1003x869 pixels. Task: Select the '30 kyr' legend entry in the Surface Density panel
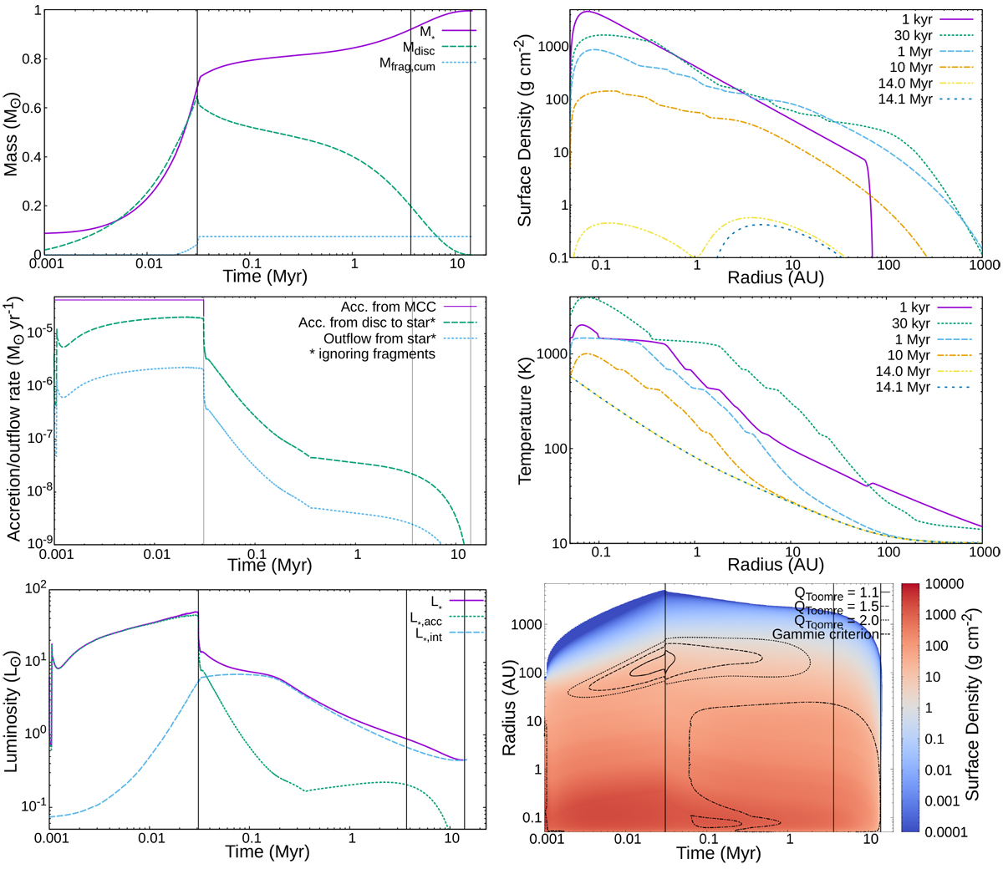(910, 35)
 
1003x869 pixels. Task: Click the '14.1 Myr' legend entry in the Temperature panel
(903, 387)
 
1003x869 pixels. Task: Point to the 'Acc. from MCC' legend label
(388, 307)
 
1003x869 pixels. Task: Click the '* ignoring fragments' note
(372, 353)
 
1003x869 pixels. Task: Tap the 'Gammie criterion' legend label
(825, 634)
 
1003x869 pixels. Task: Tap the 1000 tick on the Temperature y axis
(549, 354)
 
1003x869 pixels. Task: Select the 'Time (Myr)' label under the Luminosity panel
(267, 852)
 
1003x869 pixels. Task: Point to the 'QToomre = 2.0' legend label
(837, 621)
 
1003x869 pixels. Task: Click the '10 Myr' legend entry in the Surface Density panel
(910, 67)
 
